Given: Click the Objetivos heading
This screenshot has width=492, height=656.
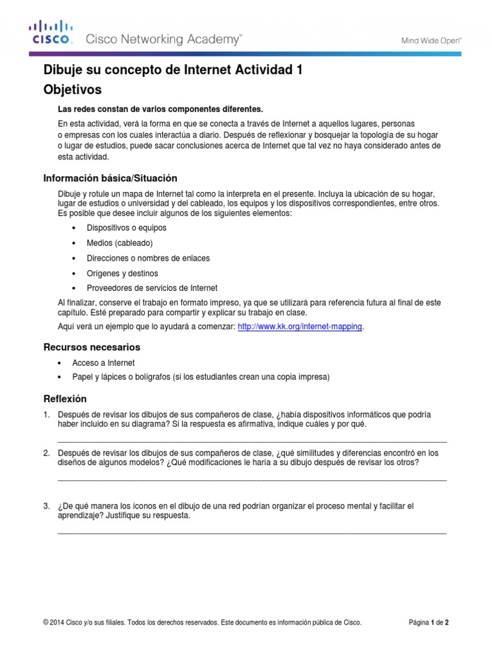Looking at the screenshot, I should coord(72,90).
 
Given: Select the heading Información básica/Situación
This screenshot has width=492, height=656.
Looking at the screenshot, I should coord(110,177).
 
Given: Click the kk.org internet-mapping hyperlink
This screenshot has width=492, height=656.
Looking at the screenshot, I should coord(300,327).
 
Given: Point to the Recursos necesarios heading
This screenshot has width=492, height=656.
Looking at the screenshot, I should coord(91,347).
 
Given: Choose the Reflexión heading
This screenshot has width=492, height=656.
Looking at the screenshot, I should coord(64,398).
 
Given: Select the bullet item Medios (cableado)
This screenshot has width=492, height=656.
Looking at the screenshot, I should coord(120,243).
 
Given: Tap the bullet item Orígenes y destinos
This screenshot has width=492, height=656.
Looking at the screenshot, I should coord(122,273).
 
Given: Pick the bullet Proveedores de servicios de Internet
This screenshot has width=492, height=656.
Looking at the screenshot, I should coord(152,288).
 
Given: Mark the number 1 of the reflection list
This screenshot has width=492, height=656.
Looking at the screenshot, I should coord(46,414).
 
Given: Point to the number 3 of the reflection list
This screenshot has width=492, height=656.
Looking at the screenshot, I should coord(46,506).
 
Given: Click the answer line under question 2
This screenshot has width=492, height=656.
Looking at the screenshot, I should coord(252,479).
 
